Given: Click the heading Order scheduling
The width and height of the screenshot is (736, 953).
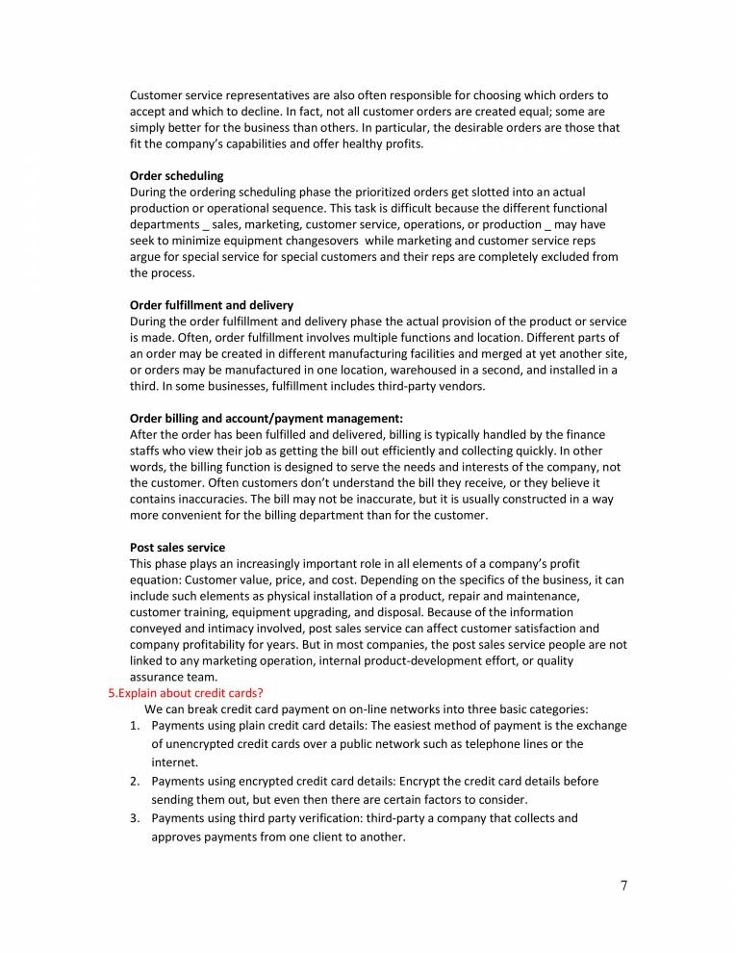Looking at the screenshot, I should tap(176, 176).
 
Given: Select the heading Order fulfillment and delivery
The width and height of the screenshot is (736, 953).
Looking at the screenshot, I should tap(212, 304).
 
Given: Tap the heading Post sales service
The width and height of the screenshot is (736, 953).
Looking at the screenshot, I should tap(177, 547).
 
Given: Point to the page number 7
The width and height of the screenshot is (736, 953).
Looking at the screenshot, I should tap(623, 886).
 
